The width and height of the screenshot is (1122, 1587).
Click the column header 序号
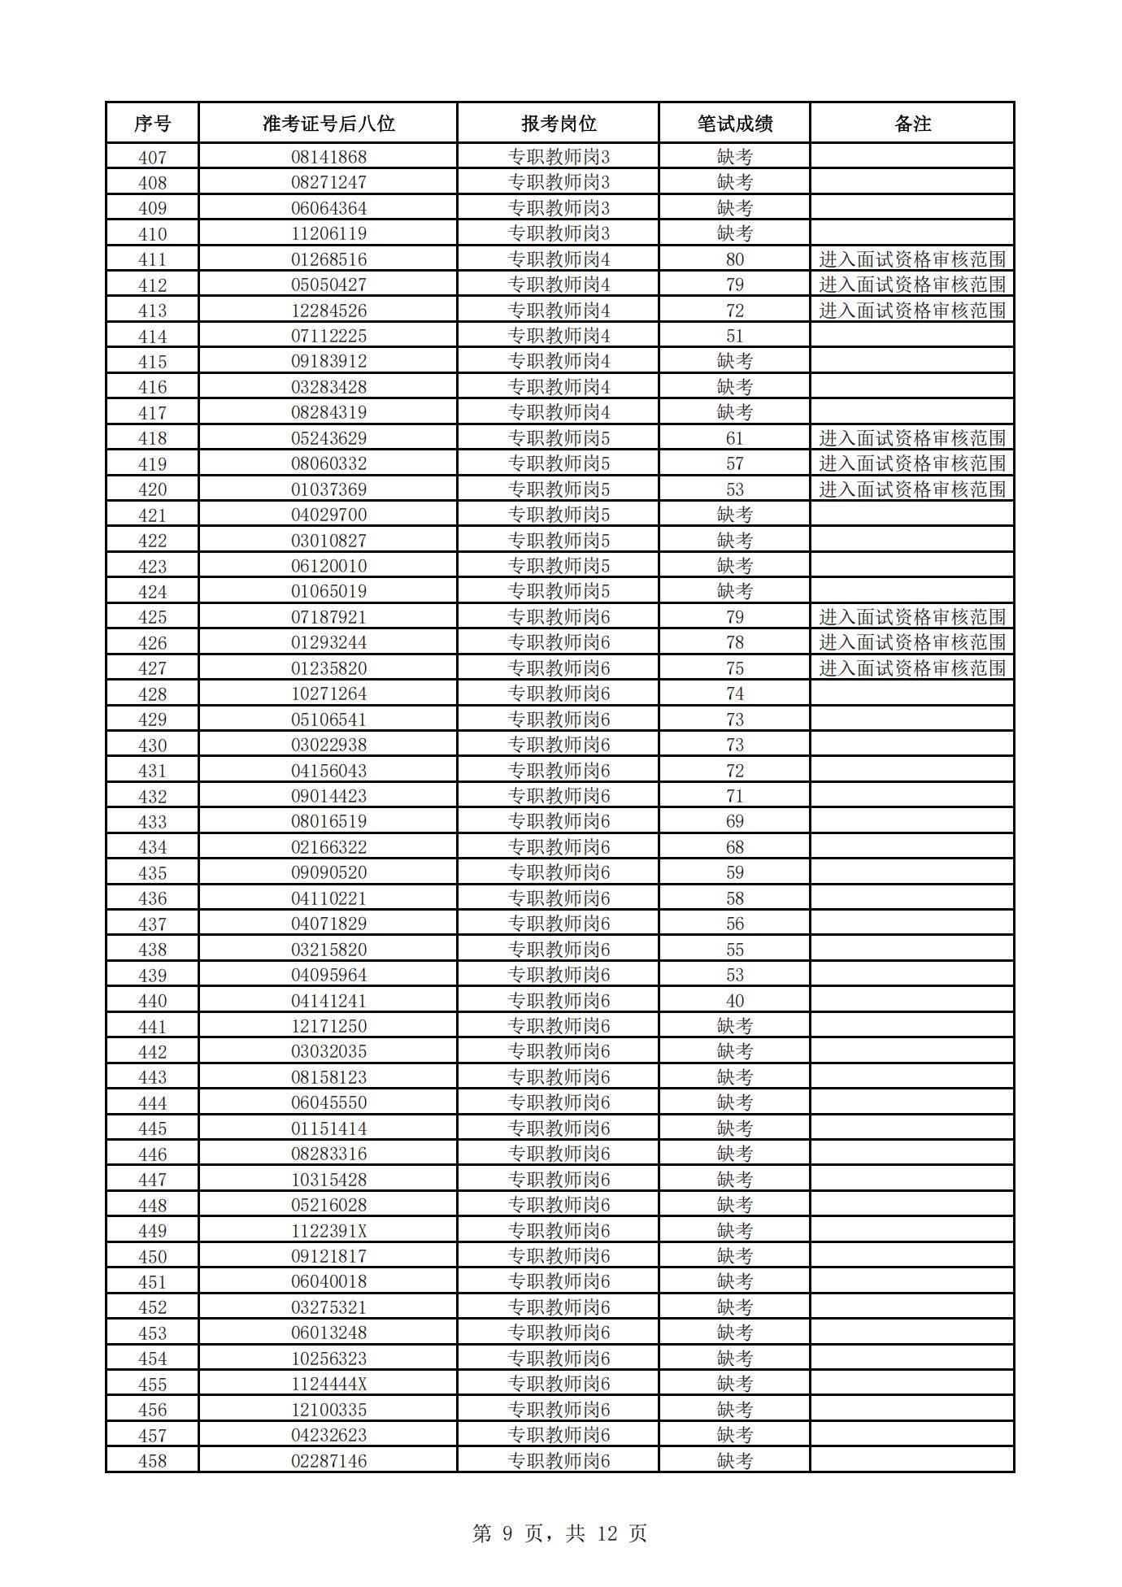tap(152, 124)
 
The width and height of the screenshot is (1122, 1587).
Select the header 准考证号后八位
tap(328, 124)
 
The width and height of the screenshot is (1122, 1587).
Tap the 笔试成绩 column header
tap(734, 124)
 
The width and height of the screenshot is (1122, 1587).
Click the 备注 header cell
tap(912, 124)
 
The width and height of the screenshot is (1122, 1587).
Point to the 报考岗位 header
tap(559, 124)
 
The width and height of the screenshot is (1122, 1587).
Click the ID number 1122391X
tap(328, 1231)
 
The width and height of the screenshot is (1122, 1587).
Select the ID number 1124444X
tap(328, 1384)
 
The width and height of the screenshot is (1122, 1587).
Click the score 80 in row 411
tap(734, 259)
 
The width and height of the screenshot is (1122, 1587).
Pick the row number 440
tap(152, 1001)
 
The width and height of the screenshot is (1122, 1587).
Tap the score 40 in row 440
tap(734, 1001)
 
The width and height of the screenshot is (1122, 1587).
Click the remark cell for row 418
tap(912, 438)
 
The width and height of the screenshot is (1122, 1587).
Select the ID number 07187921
tap(328, 617)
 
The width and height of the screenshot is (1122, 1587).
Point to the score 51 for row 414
tap(734, 336)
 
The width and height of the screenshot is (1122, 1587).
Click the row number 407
tap(152, 157)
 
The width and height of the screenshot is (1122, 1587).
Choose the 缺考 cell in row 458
tap(734, 1461)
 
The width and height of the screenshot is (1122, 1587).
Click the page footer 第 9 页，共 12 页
tap(559, 1533)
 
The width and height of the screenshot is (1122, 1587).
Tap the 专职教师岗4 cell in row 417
tap(559, 412)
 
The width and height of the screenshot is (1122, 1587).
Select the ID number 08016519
tap(328, 821)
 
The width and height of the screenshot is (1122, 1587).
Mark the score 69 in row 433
tap(734, 821)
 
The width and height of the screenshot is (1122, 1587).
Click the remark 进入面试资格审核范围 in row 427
tap(912, 668)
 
